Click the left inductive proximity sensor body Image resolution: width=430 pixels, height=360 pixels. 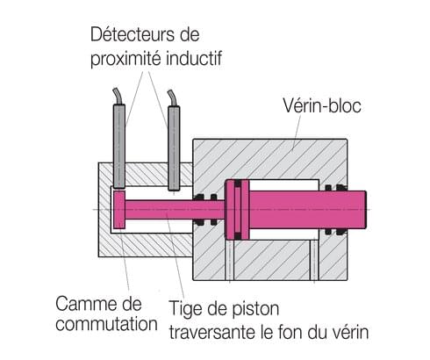[119, 146]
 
